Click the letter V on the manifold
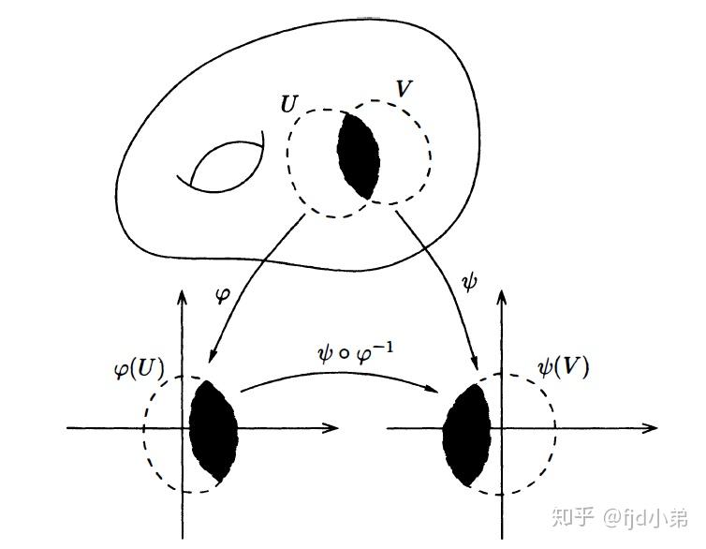pyautogui.click(x=404, y=89)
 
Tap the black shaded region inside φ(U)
pyautogui.click(x=213, y=431)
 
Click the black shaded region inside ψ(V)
pyautogui.click(x=469, y=434)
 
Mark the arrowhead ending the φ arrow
pyautogui.click(x=212, y=358)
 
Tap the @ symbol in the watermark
pyautogui.click(x=612, y=517)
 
